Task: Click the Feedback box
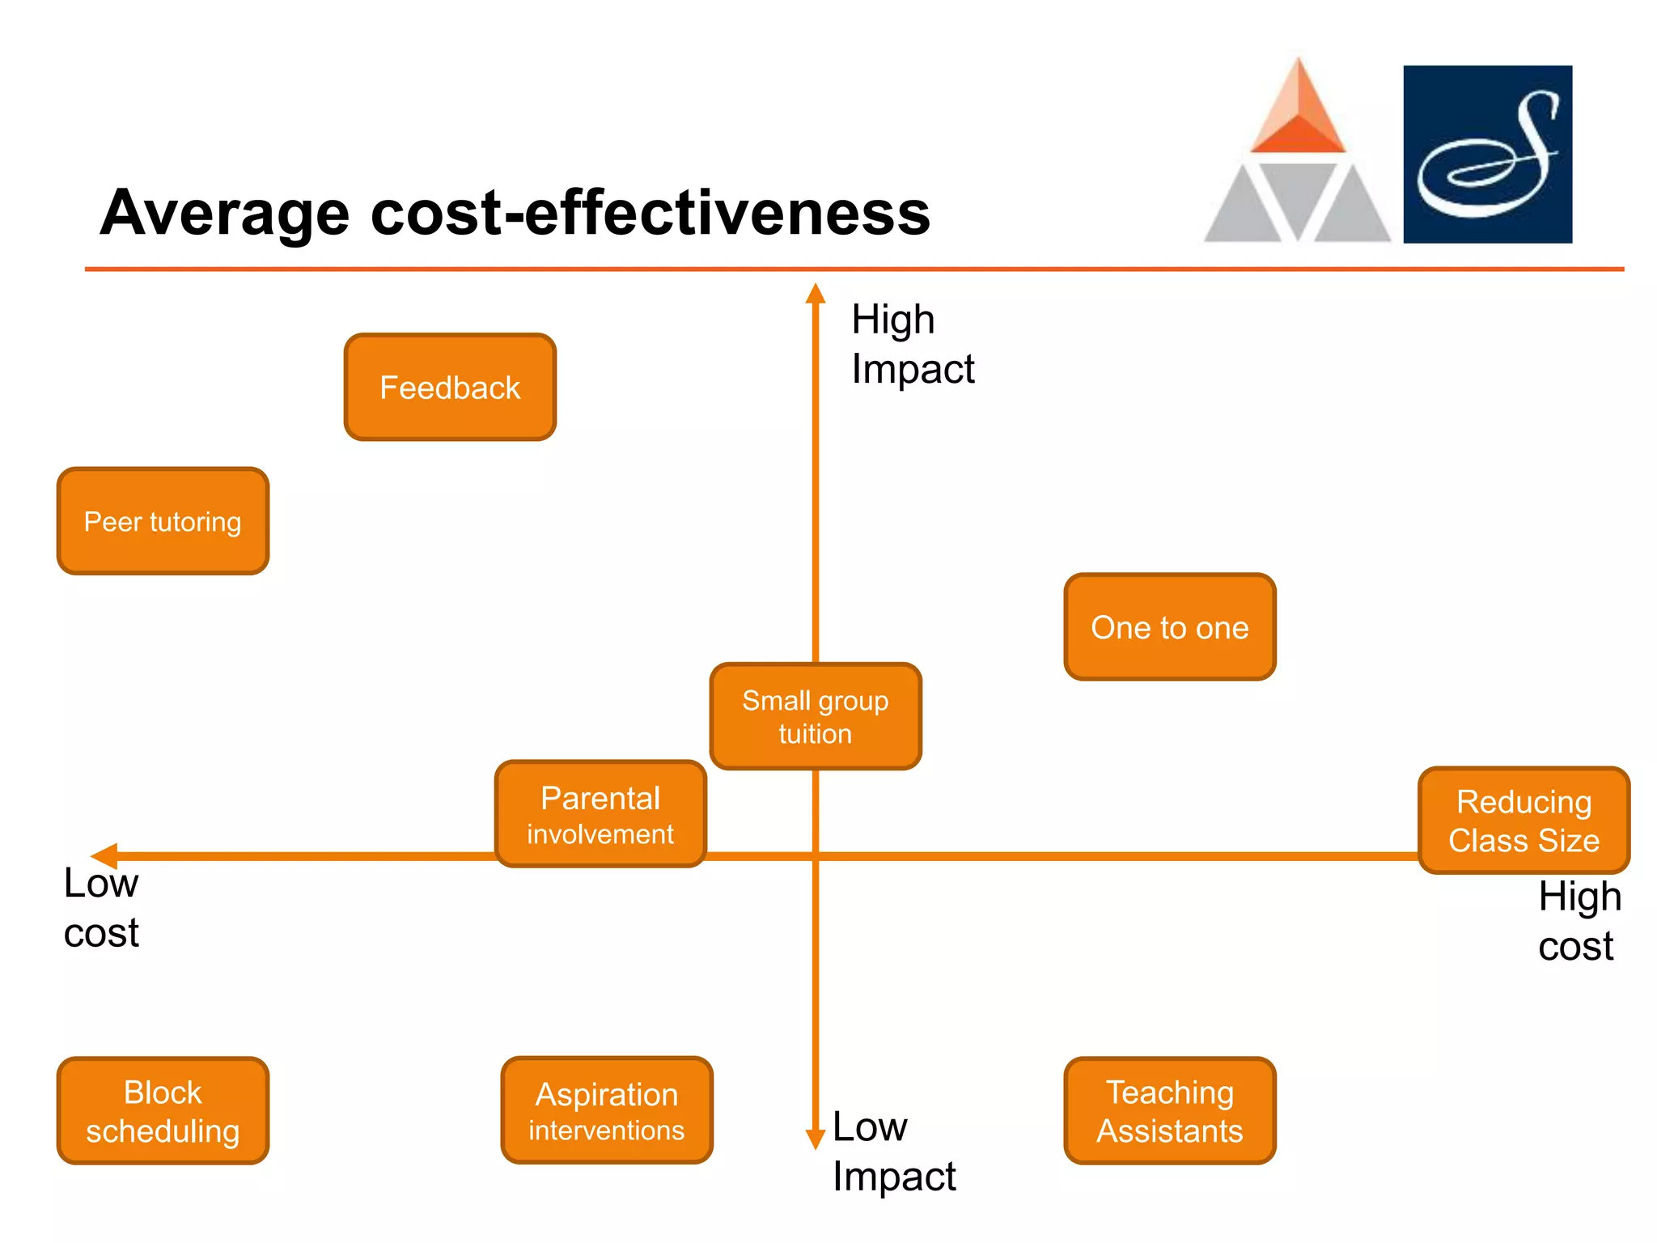(450, 387)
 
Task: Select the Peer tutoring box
(163, 521)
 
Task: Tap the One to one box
(1170, 627)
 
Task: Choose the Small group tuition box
(816, 716)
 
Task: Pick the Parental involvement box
(600, 814)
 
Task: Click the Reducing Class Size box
(1524, 821)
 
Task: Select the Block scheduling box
(163, 1110)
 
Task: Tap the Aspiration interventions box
(607, 1110)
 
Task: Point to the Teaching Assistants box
(1170, 1110)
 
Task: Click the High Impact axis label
(912, 344)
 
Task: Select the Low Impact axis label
(893, 1151)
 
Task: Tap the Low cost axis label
(101, 907)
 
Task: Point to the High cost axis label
(1579, 921)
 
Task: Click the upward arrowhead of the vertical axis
(816, 293)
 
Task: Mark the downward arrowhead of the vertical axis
(816, 1139)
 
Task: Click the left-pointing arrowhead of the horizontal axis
(104, 855)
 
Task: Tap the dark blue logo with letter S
(1487, 155)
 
